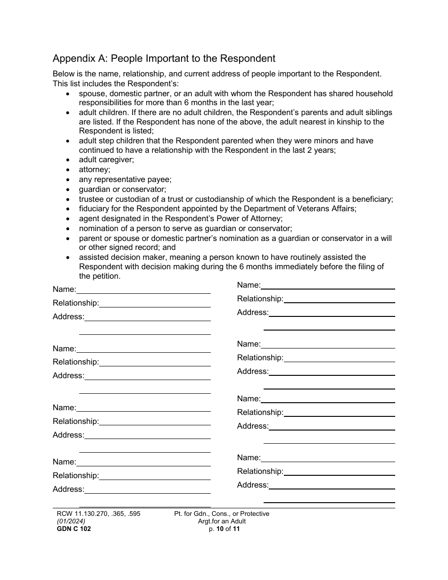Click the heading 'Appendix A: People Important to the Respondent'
coord(164,59)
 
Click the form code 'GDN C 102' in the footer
coord(74,529)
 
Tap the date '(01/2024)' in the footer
coord(71,521)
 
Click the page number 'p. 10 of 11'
coord(222,529)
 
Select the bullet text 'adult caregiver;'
coord(106,160)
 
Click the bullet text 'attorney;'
coord(94,169)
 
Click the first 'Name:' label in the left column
coord(64,290)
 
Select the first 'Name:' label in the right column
coord(249,285)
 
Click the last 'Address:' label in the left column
coord(68,489)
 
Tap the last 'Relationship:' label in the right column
coord(260,472)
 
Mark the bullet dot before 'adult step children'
coord(69,141)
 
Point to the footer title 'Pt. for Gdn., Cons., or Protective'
coord(222,514)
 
